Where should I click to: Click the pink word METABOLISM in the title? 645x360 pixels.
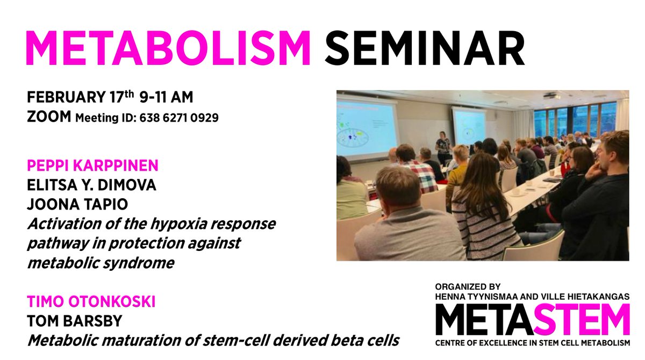168,49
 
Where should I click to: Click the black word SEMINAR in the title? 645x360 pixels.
424,49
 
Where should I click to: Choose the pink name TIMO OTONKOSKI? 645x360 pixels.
91,302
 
